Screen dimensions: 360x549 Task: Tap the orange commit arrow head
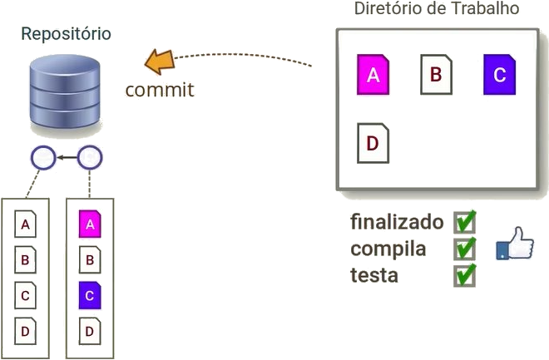157,61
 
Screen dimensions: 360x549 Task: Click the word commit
159,89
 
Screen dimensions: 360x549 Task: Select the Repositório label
66,34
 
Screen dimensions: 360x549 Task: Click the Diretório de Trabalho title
437,9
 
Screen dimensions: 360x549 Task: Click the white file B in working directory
436,73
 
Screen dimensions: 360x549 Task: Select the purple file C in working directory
499,73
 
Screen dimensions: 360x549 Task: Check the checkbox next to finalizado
464,221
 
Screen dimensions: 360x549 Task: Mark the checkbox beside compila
464,248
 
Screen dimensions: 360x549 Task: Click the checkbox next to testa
464,274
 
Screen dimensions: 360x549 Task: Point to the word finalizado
397,222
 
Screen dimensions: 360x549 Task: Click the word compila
388,249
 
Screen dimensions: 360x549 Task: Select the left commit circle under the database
42,155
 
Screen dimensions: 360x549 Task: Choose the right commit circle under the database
90,155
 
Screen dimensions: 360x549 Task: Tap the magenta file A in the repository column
90,224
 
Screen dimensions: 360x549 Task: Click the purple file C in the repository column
90,295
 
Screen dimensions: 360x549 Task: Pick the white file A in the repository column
26,224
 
